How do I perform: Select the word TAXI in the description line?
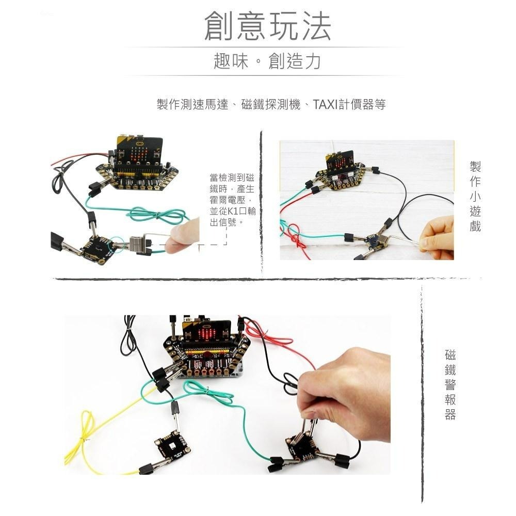pos(325,105)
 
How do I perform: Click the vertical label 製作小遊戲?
pos(475,196)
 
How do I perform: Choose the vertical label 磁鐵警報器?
pos(450,384)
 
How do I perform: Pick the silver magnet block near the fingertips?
pos(139,244)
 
